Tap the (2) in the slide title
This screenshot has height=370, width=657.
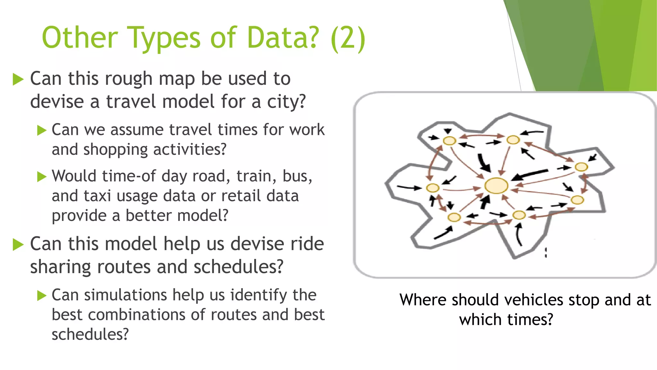tap(348, 38)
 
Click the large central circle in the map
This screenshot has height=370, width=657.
tap(496, 186)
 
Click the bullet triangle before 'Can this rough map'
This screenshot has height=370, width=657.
tap(18, 79)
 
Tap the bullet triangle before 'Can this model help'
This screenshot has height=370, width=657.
tap(18, 245)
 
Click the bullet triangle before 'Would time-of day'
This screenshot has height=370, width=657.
tap(42, 177)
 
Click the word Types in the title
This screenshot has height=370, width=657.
tap(164, 38)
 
